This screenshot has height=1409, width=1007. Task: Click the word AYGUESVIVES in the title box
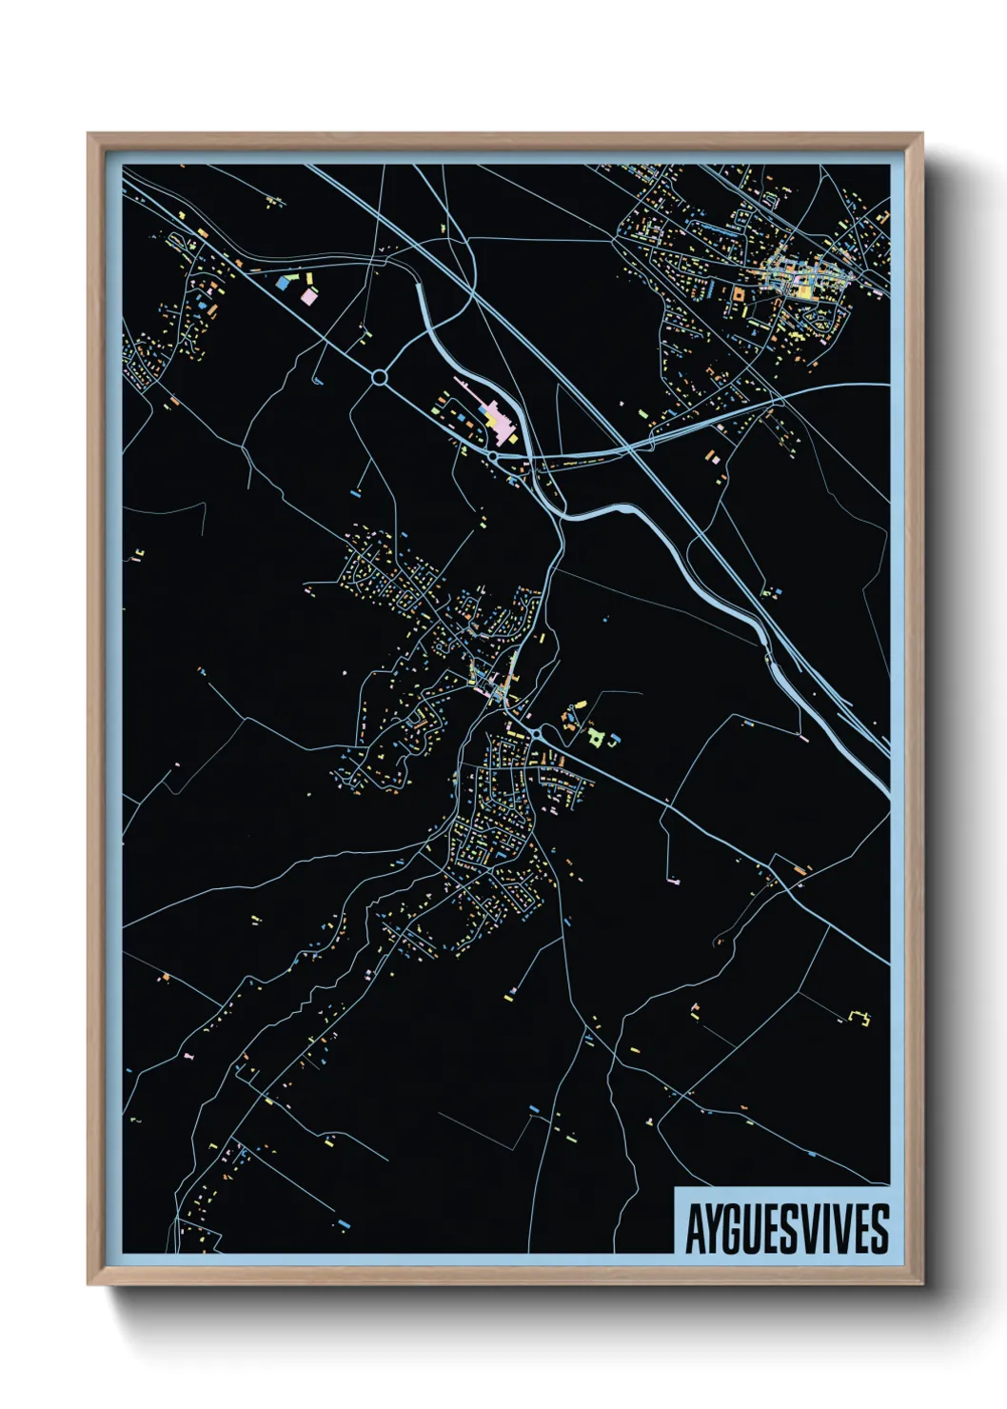(787, 1229)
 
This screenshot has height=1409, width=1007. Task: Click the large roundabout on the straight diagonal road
(380, 378)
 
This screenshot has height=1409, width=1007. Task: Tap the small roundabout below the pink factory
(493, 457)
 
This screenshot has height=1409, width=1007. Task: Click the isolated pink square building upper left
(308, 296)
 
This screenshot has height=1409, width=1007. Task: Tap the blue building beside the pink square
(283, 282)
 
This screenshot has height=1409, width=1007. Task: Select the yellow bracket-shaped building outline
(861, 1017)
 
